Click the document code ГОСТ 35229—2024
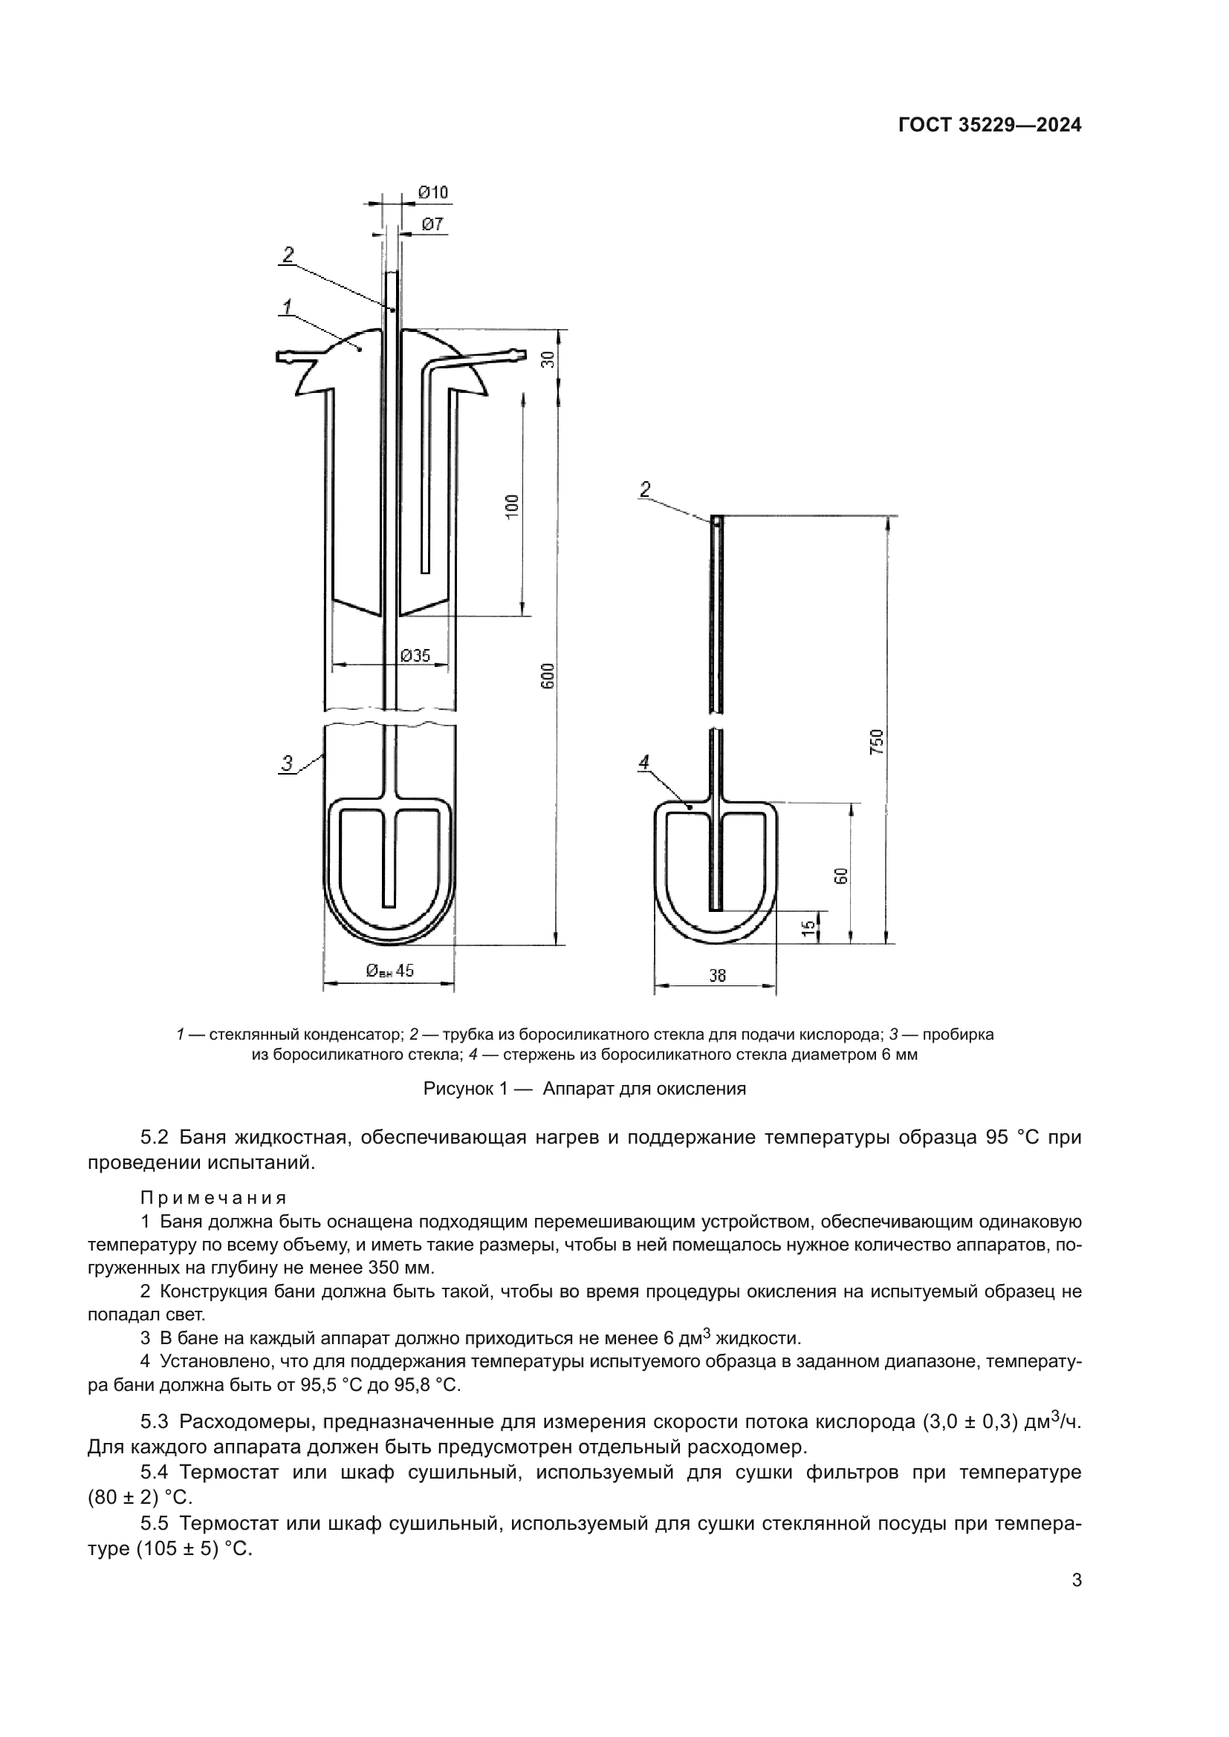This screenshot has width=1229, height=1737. click(x=989, y=126)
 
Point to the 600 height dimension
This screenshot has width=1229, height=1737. click(x=548, y=676)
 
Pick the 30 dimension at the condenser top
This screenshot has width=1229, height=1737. click(x=549, y=359)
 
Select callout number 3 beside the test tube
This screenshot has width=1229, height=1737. click(x=287, y=763)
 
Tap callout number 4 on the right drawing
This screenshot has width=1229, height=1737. click(x=644, y=763)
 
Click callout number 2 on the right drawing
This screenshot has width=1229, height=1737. click(x=644, y=489)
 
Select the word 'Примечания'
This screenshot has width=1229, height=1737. click(x=213, y=1198)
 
